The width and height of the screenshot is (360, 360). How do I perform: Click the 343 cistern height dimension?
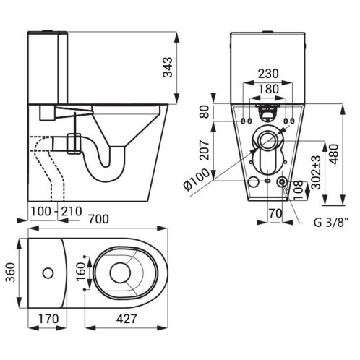click(168, 67)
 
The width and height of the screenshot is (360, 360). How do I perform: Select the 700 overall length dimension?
click(99, 219)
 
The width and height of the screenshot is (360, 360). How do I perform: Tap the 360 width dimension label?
click(11, 273)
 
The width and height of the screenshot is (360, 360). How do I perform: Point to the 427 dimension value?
click(127, 319)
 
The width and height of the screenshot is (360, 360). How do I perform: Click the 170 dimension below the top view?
click(48, 319)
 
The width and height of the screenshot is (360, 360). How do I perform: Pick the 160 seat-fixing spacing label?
click(81, 271)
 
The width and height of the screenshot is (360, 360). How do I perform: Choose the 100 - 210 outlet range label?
click(56, 212)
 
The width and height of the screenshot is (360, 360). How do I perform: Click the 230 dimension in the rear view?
click(268, 74)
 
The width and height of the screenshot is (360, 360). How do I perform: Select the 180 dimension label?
click(269, 89)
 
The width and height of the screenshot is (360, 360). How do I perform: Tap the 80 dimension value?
click(205, 111)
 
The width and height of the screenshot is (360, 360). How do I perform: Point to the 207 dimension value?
click(205, 150)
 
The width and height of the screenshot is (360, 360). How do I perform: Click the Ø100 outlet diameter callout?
click(196, 179)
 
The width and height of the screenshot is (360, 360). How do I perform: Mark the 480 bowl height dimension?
click(334, 154)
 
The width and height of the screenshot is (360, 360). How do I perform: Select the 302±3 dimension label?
click(316, 172)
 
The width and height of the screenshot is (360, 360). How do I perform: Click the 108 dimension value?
click(299, 189)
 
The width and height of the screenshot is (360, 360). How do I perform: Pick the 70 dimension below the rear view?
click(275, 213)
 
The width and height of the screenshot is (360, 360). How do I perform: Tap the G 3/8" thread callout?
click(330, 223)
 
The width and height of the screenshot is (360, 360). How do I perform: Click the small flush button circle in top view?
click(48, 273)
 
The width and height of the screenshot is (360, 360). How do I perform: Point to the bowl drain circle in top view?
click(120, 273)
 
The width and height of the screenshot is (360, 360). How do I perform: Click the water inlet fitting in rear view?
click(282, 181)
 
